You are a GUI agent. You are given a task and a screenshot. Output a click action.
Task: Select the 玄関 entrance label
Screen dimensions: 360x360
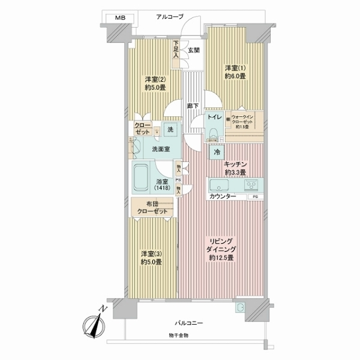193,50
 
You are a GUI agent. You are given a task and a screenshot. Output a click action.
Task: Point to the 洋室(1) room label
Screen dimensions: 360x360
235,71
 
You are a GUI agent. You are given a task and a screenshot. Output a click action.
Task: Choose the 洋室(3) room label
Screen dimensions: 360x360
152,256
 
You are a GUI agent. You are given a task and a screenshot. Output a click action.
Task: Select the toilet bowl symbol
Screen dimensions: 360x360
214,133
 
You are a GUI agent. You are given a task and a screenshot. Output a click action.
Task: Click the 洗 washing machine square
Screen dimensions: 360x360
170,130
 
